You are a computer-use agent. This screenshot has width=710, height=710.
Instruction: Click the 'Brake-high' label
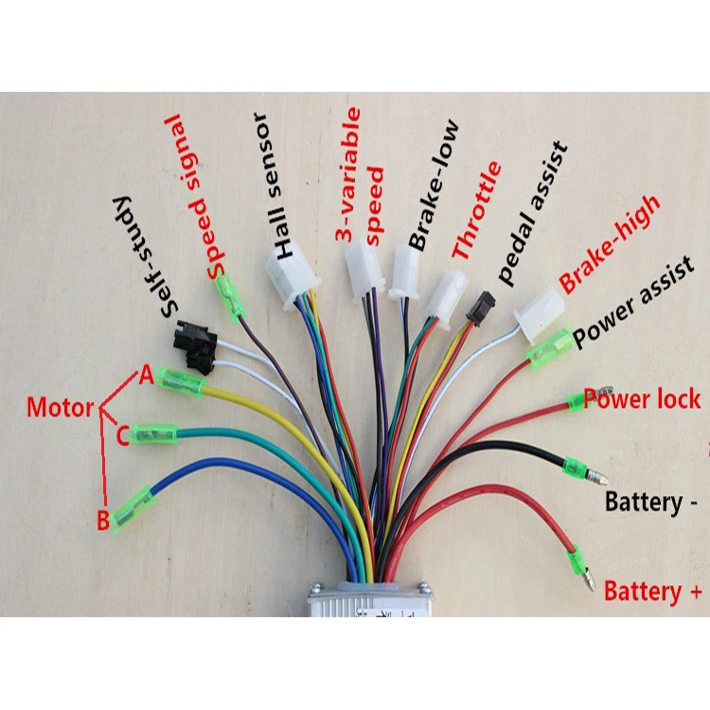click(x=610, y=244)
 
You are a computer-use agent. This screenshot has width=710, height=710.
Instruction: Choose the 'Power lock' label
click(x=641, y=398)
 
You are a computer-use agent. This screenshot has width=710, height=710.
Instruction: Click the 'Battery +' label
click(x=654, y=592)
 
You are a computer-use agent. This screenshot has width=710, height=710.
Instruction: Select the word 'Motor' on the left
click(x=60, y=409)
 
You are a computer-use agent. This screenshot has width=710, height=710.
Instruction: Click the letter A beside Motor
click(x=146, y=376)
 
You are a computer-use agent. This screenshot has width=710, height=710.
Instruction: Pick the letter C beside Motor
click(x=122, y=436)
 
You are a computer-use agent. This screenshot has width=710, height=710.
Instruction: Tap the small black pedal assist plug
click(x=480, y=305)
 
